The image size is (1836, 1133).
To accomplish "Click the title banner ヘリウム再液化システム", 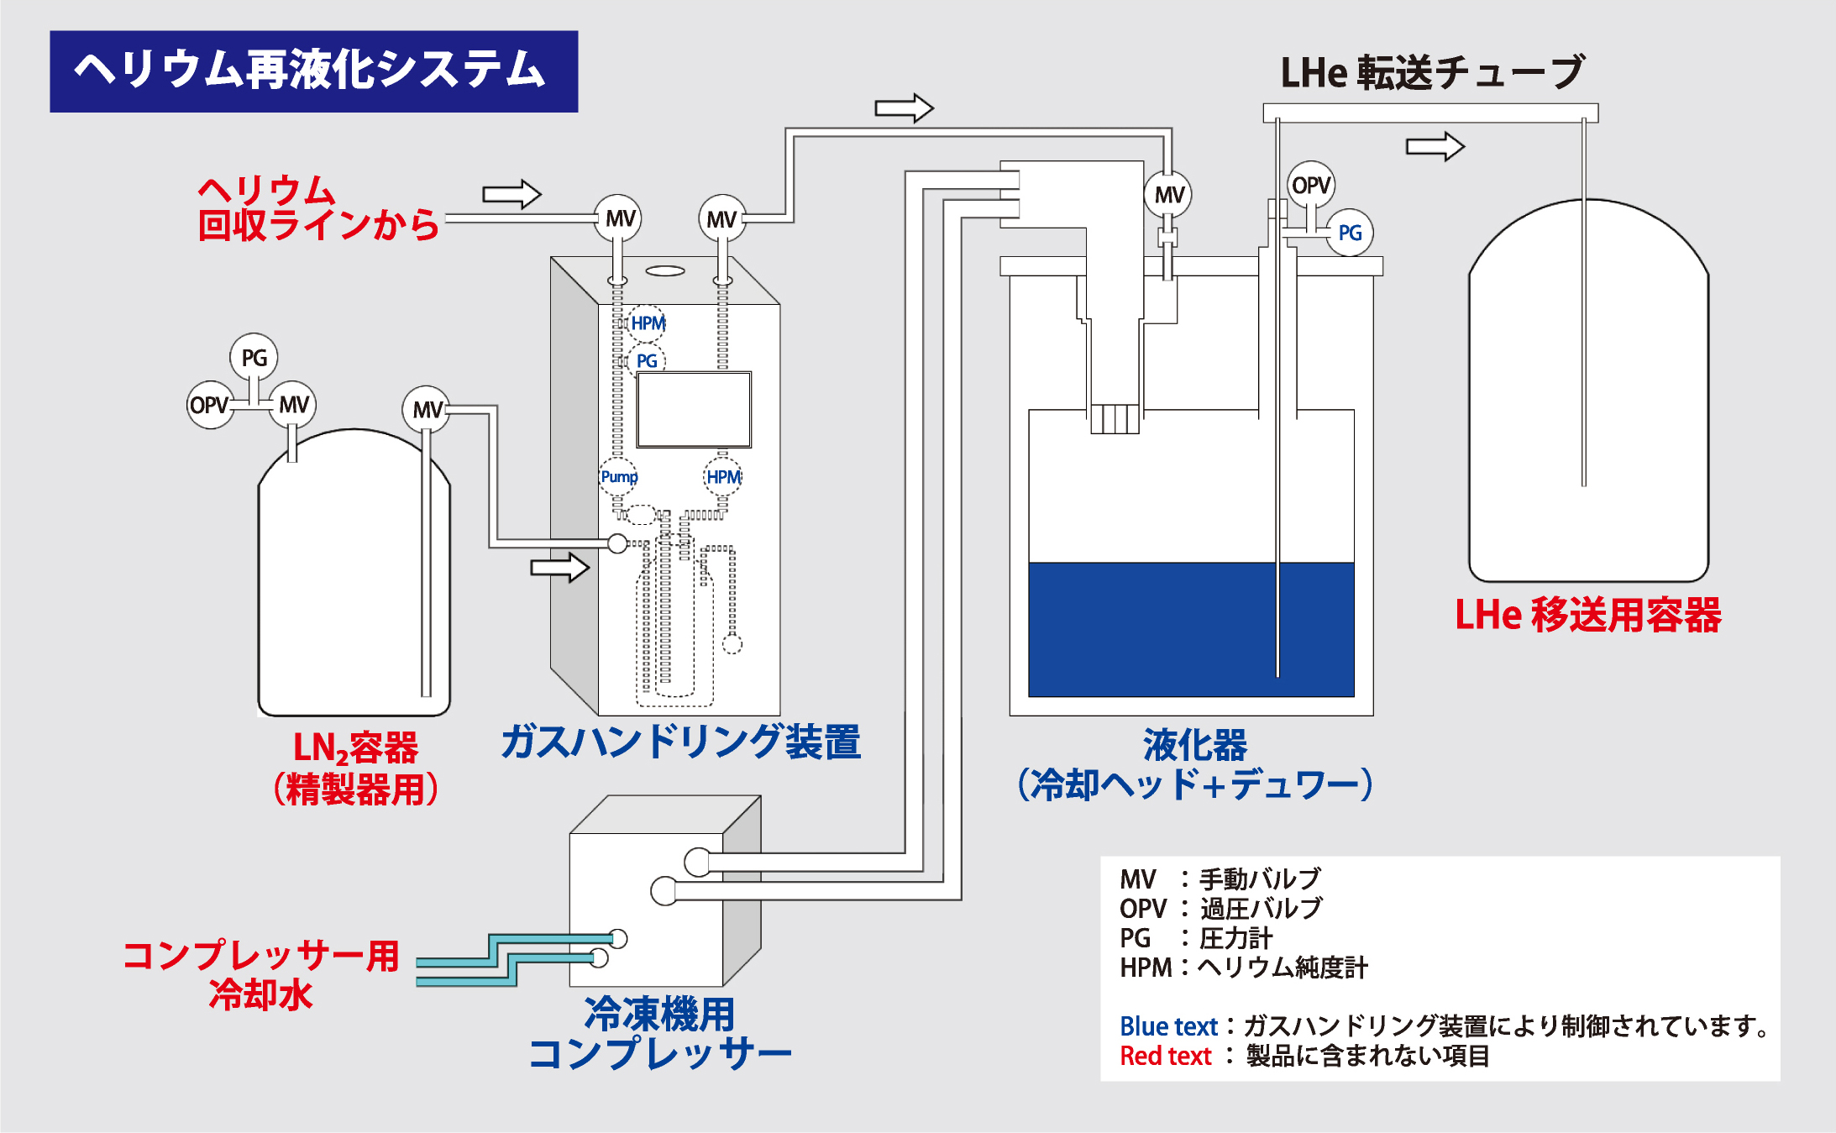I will [x=313, y=71].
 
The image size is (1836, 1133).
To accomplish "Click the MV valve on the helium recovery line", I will [x=618, y=218].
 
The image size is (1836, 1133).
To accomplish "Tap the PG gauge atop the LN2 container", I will [x=254, y=358].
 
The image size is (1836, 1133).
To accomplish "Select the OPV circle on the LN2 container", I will [x=209, y=405].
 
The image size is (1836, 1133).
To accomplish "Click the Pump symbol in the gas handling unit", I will [x=618, y=477].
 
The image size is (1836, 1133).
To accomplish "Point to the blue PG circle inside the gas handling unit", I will [x=646, y=361].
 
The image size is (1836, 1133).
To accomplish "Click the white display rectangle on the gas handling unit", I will [x=694, y=410].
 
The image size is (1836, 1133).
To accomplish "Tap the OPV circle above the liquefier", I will [x=1310, y=185].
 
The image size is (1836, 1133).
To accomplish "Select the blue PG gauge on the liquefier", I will [x=1349, y=233].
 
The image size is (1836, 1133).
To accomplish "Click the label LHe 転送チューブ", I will [x=1432, y=72].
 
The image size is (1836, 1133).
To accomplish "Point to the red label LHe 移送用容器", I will [x=1587, y=615].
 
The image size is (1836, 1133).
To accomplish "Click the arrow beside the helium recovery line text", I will [x=511, y=194].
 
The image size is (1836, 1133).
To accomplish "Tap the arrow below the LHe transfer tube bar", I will [x=1435, y=146].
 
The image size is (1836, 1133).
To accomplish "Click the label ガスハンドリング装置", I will [x=680, y=742].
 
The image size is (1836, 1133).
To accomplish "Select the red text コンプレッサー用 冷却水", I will [x=260, y=974].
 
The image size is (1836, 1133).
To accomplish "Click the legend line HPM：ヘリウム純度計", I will [x=1243, y=968].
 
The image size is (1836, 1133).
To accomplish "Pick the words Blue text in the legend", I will [x=1168, y=1026].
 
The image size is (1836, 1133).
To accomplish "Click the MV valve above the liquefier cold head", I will [x=1168, y=195].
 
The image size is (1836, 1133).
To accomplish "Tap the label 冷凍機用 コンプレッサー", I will [x=660, y=1033].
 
